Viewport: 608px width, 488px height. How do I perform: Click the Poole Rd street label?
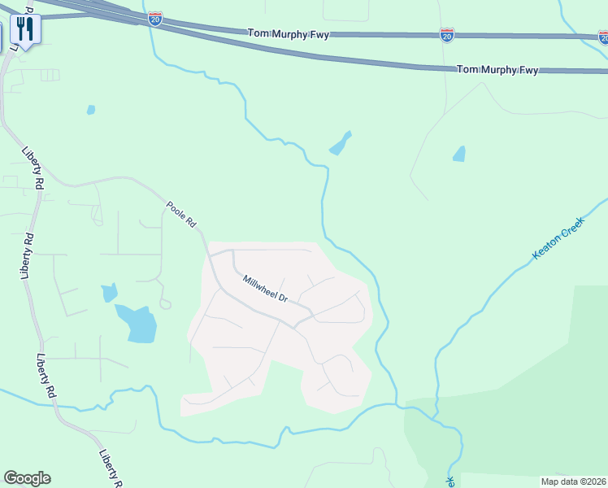click(x=181, y=214)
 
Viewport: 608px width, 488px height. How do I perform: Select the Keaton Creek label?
click(x=558, y=237)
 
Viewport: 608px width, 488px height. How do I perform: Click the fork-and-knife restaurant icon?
click(x=25, y=31)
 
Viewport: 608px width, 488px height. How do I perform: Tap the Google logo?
click(x=27, y=478)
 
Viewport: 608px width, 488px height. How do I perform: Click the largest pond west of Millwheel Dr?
click(x=137, y=323)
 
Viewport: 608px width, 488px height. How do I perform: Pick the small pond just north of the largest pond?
click(x=109, y=292)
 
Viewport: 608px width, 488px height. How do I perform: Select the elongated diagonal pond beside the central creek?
click(x=340, y=144)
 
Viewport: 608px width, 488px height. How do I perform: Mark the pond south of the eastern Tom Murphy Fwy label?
click(x=459, y=153)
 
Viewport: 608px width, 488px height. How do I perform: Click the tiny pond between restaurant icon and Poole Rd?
click(x=91, y=110)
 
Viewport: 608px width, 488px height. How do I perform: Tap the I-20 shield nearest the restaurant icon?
click(x=155, y=19)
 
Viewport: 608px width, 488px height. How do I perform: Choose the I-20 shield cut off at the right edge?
click(x=603, y=37)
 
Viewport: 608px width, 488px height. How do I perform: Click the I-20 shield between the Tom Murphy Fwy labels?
click(x=447, y=34)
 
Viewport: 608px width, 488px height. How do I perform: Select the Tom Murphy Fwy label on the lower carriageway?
click(x=497, y=70)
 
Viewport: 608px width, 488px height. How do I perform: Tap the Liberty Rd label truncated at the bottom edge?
click(x=111, y=468)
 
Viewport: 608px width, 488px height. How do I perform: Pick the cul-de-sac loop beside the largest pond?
click(x=165, y=304)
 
